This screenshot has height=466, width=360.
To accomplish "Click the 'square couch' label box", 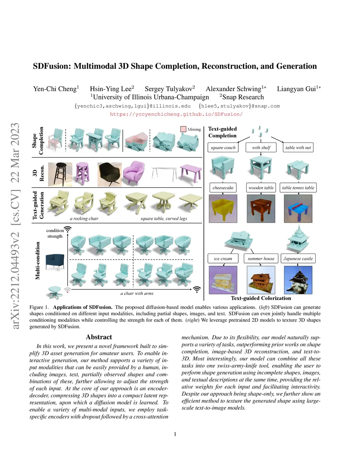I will (x=223, y=148).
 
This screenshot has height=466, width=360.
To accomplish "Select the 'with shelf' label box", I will (x=261, y=148).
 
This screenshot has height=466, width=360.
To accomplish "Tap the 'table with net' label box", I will (x=298, y=148).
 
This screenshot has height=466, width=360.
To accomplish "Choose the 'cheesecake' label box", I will (x=223, y=188).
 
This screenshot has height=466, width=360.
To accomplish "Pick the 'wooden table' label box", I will (x=261, y=188).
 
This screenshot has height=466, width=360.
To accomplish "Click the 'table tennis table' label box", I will (x=298, y=188).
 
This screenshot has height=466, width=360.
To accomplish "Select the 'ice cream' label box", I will (x=223, y=258).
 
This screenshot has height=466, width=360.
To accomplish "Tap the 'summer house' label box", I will (x=261, y=258).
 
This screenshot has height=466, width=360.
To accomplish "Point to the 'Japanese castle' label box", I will (x=298, y=258).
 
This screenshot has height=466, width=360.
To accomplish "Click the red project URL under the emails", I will (x=176, y=114).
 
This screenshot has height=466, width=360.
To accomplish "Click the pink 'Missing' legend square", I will (x=183, y=129).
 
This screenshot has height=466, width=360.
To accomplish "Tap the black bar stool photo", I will (x=60, y=174).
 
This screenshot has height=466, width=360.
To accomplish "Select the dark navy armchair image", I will (x=55, y=261).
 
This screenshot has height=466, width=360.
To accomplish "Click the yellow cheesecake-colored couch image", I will (x=223, y=208).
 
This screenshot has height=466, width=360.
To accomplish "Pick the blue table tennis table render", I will (x=298, y=208).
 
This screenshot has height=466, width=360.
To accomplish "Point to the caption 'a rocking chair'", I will (x=84, y=219).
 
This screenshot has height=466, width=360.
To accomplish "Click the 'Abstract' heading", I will (x=99, y=337).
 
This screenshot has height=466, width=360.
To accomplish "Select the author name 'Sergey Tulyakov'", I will (x=169, y=89).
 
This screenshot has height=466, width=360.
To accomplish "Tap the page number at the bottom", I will (x=175, y=434).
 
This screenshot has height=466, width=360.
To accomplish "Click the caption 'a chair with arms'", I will (x=137, y=293).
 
